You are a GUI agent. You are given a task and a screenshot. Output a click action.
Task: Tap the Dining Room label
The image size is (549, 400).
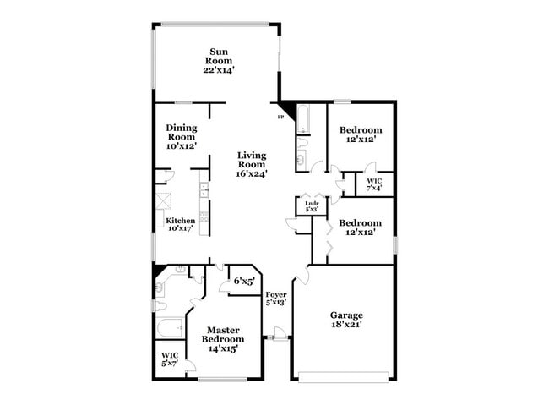point(182,136)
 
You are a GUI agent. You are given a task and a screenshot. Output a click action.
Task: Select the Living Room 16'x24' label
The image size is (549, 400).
point(252,164)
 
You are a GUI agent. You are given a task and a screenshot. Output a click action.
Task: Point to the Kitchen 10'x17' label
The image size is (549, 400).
point(180,224)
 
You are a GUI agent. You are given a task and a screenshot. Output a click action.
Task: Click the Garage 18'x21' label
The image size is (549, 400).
point(346,320)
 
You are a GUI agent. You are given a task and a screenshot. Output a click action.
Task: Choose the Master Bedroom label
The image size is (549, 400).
point(224,338)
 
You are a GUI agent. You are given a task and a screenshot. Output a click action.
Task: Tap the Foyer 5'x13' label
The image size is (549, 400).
point(276,298)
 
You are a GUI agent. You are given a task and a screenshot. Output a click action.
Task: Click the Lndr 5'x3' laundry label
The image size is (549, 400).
point(310,205)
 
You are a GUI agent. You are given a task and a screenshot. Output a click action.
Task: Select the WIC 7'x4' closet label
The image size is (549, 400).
point(374,184)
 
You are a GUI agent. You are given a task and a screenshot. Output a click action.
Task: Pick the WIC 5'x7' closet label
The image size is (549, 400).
point(169,359)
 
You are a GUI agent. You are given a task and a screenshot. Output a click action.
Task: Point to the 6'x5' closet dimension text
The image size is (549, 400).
point(243,281)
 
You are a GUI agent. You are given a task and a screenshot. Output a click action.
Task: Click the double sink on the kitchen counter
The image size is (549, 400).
point(204,189)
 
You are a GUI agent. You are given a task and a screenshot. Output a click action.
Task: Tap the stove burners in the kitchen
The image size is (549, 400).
point(204,216)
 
